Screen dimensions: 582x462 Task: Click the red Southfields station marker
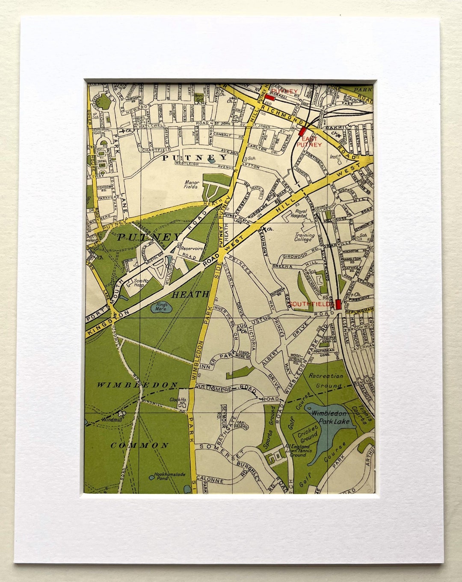pyautogui.click(x=338, y=304)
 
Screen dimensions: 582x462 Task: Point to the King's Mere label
pyautogui.click(x=161, y=307)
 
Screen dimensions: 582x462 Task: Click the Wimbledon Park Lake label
pyautogui.click(x=331, y=417)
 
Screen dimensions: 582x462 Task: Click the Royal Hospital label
pyautogui.click(x=301, y=213)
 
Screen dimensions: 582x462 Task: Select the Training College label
pyautogui.click(x=305, y=237)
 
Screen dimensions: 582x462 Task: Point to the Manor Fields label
pyautogui.click(x=191, y=184)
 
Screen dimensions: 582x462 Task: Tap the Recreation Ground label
pyautogui.click(x=326, y=381)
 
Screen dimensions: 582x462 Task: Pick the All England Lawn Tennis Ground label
pyautogui.click(x=298, y=451)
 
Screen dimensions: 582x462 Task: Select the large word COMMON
pyautogui.click(x=140, y=445)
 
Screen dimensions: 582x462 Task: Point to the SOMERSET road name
pyautogui.click(x=222, y=450)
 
